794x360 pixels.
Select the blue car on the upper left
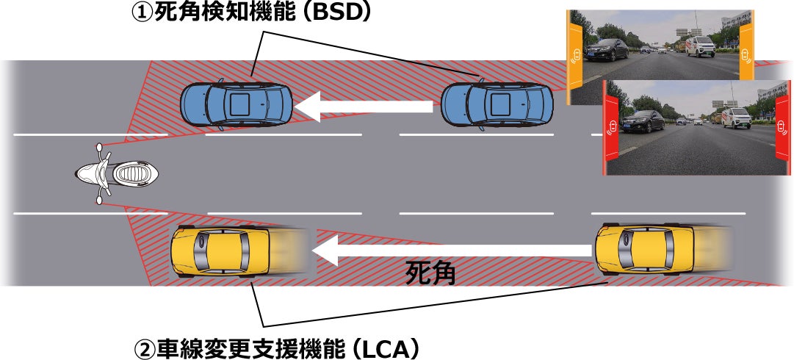coord(237,104)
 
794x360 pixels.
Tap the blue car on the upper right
coord(497,104)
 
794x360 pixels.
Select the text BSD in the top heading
coord(342,13)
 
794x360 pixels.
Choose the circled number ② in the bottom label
coord(144,346)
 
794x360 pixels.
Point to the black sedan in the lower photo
coord(644,120)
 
